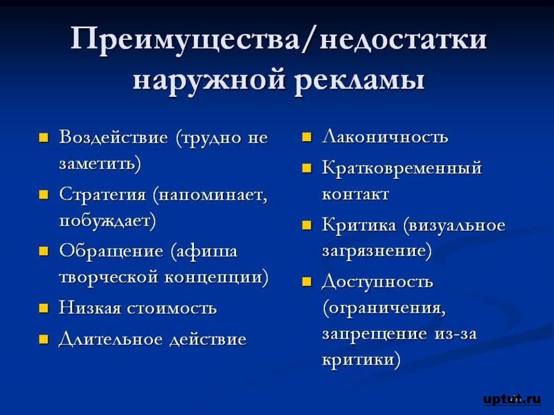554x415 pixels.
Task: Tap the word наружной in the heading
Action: pyautogui.click(x=209, y=82)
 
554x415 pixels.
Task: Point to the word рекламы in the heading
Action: pyautogui.click(x=359, y=82)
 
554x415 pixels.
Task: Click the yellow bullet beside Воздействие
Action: pyautogui.click(x=43, y=137)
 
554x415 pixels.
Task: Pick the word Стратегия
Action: pyautogui.click(x=102, y=195)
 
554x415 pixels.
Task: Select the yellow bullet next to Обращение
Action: pyautogui.click(x=43, y=251)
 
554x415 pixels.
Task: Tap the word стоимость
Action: pyautogui.click(x=172, y=308)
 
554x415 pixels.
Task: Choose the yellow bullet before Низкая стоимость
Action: pyautogui.click(x=43, y=308)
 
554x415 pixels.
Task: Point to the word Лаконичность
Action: pyautogui.click(x=385, y=137)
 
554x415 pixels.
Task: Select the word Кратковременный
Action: pyautogui.click(x=402, y=168)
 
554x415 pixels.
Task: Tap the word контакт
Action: pyautogui.click(x=356, y=194)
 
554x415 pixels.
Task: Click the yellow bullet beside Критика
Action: pyautogui.click(x=307, y=225)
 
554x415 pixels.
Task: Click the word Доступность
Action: pyautogui.click(x=377, y=282)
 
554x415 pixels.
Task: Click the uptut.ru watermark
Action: pyautogui.click(x=511, y=399)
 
